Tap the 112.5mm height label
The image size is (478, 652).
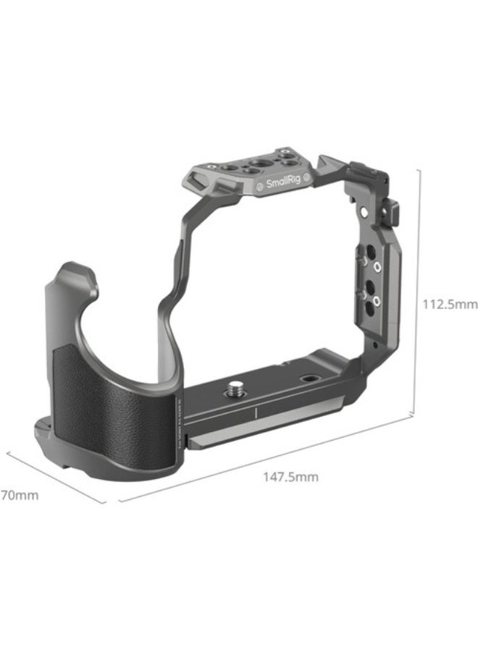coord(450,304)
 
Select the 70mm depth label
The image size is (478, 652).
coord(19,496)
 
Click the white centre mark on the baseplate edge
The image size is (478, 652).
coord(256,414)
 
